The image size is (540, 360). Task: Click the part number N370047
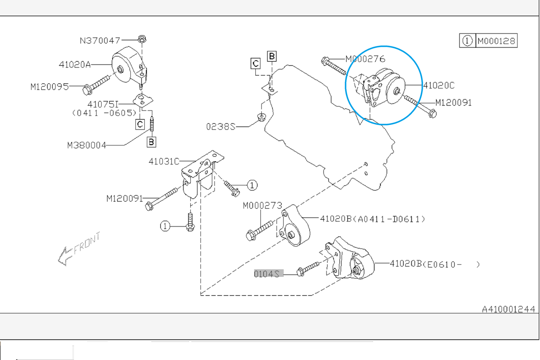[x=100, y=41]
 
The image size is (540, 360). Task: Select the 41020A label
[x=75, y=65]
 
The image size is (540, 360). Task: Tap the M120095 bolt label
[x=49, y=87]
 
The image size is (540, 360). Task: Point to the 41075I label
[x=103, y=104]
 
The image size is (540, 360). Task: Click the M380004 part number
[x=86, y=145]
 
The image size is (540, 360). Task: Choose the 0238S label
[x=221, y=127]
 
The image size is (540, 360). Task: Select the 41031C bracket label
[x=164, y=161]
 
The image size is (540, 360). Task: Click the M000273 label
[x=262, y=206]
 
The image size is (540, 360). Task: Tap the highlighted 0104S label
[x=269, y=273]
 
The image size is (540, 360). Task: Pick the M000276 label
[x=365, y=59]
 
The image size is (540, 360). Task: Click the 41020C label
[x=439, y=85]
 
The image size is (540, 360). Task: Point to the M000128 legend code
[x=497, y=41]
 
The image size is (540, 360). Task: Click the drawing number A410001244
[x=508, y=309]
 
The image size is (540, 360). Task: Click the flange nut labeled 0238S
[x=262, y=117]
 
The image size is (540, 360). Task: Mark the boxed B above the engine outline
[x=272, y=56]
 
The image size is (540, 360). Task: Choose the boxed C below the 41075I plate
[x=140, y=125]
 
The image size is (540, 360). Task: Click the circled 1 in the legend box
[x=467, y=41]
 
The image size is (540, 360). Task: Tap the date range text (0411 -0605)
[x=104, y=113]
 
